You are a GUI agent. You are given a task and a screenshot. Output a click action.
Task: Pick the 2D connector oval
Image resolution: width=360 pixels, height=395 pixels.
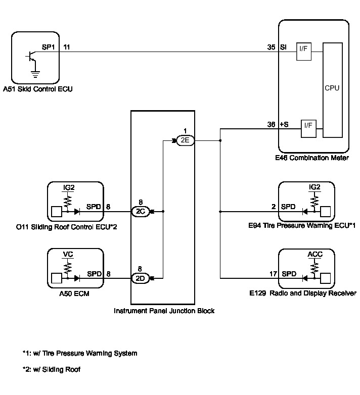[x=140, y=277]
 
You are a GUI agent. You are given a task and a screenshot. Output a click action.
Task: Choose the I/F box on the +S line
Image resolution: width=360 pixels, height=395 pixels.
[x=308, y=128]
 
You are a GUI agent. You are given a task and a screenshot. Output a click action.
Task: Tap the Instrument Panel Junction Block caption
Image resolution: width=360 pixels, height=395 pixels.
[x=164, y=311]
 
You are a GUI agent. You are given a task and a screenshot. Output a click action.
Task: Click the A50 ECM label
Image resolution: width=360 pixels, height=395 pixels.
[x=74, y=293]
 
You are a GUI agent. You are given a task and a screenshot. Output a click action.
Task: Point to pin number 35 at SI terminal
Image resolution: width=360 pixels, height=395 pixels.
[x=272, y=47]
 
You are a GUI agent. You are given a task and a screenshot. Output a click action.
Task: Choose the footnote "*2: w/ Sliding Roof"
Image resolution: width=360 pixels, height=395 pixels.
[x=52, y=369]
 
